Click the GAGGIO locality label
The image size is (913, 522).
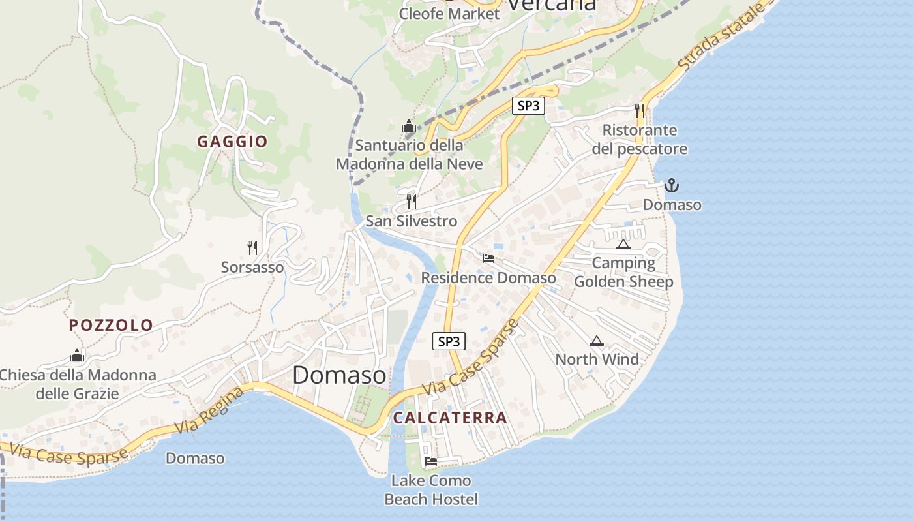pos(233,142)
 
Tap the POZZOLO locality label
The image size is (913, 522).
pos(111,325)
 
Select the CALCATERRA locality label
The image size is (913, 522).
pos(450,418)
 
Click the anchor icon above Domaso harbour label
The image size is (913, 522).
pos(672,186)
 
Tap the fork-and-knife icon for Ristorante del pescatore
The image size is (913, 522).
pos(640,110)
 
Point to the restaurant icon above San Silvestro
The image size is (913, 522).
pos(412,201)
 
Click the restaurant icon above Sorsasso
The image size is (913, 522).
pos(252,247)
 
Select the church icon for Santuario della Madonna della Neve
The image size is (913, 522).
pos(409,125)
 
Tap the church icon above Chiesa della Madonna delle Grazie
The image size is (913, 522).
pos(77,356)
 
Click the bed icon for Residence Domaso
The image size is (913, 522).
pos(488,258)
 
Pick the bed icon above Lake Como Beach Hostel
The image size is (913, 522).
pos(431,461)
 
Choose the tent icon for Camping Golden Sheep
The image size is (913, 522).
pos(623,245)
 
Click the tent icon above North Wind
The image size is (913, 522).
pos(596,341)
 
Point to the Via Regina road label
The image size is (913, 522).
pos(210,410)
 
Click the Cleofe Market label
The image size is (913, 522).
pos(449,14)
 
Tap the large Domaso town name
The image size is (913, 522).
pos(339,375)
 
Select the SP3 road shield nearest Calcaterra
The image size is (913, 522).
pos(449,341)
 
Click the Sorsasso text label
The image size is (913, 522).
pos(252,267)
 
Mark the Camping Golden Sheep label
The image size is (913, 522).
pos(623,272)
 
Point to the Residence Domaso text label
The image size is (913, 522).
pos(488,278)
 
